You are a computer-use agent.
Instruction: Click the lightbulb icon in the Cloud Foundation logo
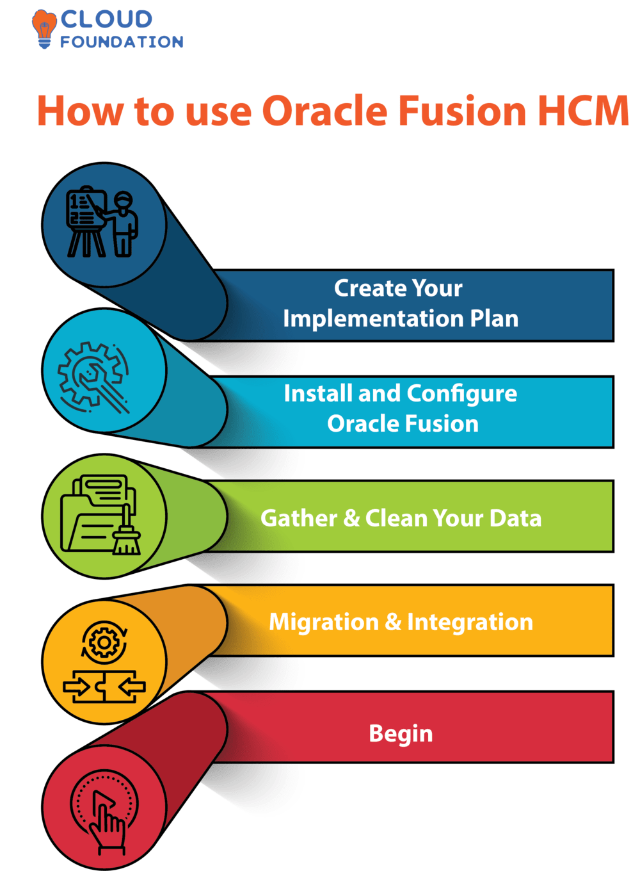44,28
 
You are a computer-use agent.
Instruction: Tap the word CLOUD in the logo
106,19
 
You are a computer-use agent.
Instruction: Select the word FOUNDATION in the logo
122,42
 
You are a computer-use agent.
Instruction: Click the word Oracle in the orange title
324,111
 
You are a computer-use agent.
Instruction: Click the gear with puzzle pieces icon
104,663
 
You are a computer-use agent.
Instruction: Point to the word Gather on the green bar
298,518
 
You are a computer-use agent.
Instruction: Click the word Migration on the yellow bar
323,622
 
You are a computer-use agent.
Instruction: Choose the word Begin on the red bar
401,734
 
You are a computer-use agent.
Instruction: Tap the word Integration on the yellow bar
470,622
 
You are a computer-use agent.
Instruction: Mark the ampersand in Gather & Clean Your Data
351,518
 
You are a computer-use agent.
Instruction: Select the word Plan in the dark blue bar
494,318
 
